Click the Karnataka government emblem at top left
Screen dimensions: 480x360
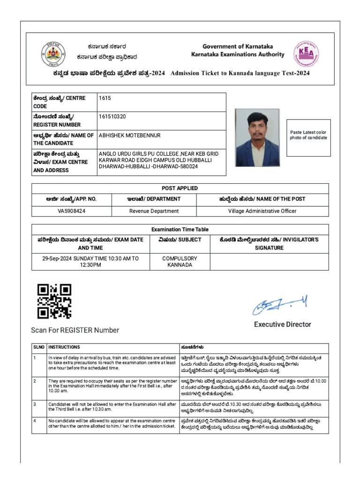(53, 54)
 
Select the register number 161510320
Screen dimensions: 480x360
(112, 116)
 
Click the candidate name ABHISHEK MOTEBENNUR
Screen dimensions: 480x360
(129, 135)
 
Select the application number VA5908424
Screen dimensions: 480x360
(72, 211)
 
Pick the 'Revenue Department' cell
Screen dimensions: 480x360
(154, 211)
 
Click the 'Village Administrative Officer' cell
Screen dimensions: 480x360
(262, 211)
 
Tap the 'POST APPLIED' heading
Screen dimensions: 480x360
(180, 188)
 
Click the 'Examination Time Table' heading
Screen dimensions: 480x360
(180, 229)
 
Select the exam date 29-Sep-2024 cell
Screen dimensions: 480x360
(90, 262)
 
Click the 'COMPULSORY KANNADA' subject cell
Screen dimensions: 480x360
(180, 262)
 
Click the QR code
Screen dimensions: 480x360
(54, 301)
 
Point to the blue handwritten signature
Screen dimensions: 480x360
(280, 305)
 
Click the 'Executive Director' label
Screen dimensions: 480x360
(282, 324)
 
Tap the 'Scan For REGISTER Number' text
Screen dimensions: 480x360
(75, 330)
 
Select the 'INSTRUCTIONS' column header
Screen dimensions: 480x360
(64, 347)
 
